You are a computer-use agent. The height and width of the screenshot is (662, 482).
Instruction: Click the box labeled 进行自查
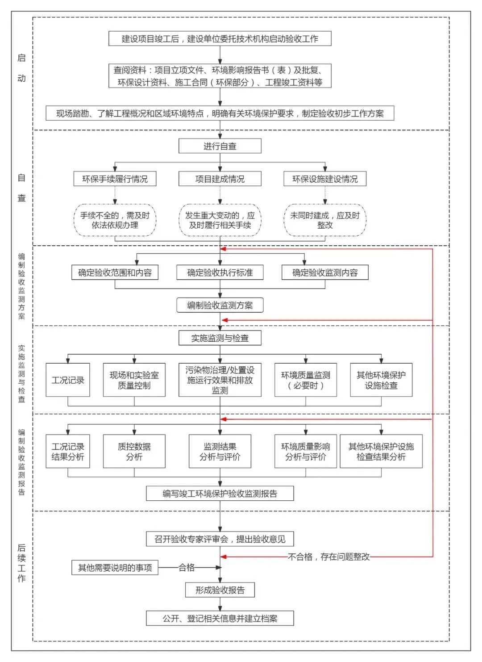click(220, 146)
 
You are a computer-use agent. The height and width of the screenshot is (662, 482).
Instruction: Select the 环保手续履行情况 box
click(115, 179)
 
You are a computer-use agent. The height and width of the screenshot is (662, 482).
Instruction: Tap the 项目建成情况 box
click(220, 179)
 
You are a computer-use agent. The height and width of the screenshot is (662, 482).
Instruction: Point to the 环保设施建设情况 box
click(324, 179)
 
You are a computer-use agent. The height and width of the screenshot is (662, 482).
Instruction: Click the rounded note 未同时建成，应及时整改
click(324, 220)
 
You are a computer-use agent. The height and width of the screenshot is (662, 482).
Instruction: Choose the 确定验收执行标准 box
click(220, 272)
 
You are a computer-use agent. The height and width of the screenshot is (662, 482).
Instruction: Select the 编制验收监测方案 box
click(220, 306)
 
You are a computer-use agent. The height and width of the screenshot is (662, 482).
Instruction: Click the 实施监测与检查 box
click(220, 338)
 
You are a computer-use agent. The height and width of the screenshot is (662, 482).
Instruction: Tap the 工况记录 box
click(68, 380)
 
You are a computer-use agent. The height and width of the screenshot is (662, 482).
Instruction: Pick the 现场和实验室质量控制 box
click(134, 380)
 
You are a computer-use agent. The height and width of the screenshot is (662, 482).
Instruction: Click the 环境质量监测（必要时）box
click(305, 380)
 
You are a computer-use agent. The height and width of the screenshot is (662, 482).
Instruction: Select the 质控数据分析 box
click(134, 451)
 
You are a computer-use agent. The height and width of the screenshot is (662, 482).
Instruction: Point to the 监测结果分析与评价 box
click(220, 451)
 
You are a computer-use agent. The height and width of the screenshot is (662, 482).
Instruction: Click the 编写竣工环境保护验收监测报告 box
click(220, 494)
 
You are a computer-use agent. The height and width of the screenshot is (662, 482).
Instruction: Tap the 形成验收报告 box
click(220, 590)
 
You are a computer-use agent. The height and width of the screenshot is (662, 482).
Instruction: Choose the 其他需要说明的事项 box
click(115, 568)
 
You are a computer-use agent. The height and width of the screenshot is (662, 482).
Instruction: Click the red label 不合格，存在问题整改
click(329, 557)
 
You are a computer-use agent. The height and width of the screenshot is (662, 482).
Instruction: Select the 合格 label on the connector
click(187, 568)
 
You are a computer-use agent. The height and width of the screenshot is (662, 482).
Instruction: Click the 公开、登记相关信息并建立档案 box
click(220, 619)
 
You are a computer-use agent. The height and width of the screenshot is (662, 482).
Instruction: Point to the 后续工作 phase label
click(21, 563)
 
